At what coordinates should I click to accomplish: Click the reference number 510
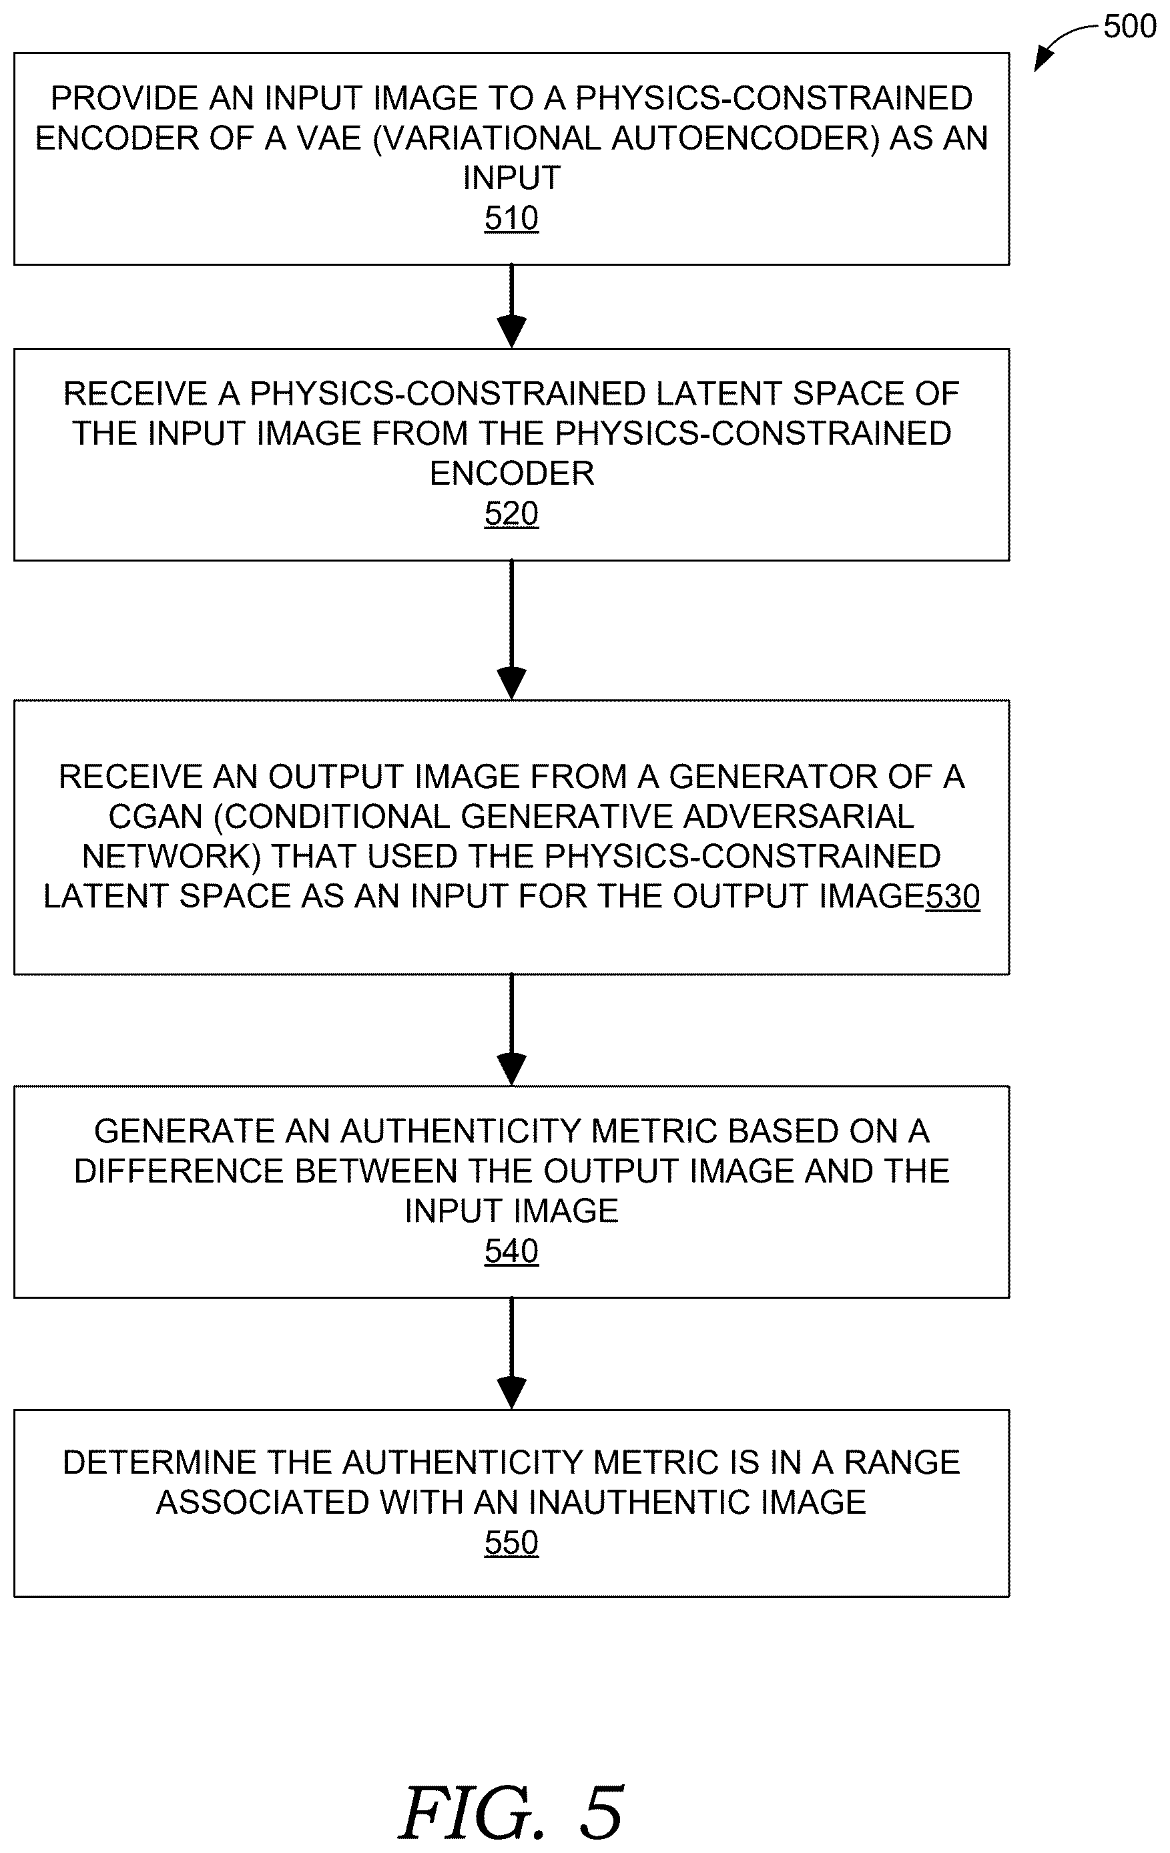tap(511, 218)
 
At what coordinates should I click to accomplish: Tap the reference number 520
tap(511, 514)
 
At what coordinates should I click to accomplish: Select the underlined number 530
tap(953, 897)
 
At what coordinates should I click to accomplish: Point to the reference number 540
tap(511, 1251)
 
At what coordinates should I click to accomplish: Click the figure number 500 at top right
tap(1130, 27)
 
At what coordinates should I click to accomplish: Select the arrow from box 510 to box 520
tap(511, 306)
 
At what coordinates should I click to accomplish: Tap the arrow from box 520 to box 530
tap(511, 630)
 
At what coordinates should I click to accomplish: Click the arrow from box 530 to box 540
tap(511, 1030)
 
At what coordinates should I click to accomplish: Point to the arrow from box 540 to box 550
tap(511, 1354)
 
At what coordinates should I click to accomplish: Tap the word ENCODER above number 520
tap(511, 474)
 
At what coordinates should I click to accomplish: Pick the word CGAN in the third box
tap(156, 817)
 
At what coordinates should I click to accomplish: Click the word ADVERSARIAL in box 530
tap(798, 817)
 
